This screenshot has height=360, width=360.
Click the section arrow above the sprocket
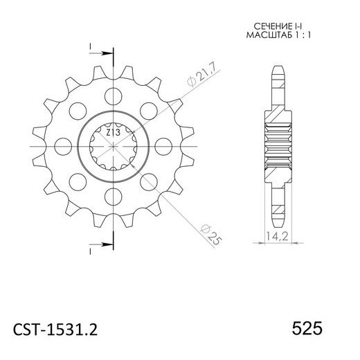tap(102, 52)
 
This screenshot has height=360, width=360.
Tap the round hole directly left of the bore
tap(60, 147)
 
